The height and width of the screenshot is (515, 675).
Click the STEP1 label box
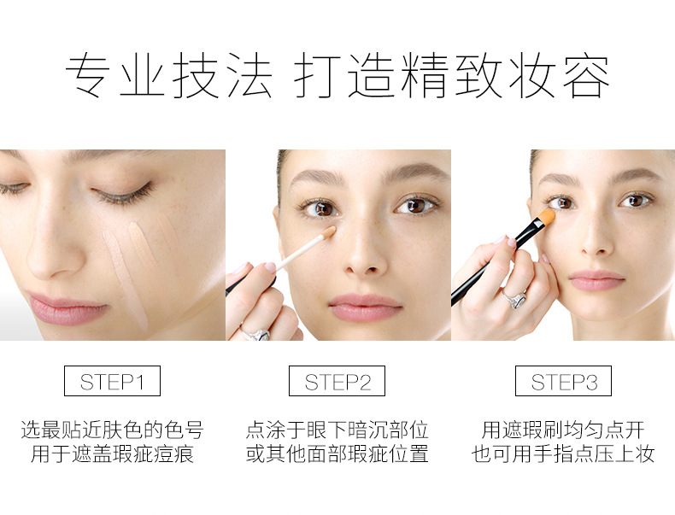click(x=112, y=381)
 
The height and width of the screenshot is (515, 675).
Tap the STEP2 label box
click(x=337, y=381)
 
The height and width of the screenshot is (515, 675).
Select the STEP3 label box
click(x=563, y=381)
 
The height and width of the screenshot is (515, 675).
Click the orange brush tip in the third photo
click(x=547, y=216)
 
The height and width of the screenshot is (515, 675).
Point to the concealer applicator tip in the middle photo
click(x=328, y=232)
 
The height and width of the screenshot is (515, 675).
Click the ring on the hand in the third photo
click(x=515, y=298)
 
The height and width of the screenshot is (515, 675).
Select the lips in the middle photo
click(x=365, y=307)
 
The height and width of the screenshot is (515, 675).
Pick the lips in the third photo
click(x=596, y=280)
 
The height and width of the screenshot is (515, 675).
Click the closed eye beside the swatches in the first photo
click(x=123, y=195)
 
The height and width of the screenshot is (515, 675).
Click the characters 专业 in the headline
click(x=115, y=76)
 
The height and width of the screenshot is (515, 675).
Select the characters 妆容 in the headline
click(x=559, y=76)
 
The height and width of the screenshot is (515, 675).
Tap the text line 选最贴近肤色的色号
click(x=112, y=430)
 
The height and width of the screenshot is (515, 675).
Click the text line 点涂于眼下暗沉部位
click(x=337, y=430)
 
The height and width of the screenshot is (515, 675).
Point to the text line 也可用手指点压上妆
click(x=563, y=454)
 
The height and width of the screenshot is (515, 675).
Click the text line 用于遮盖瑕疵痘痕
click(x=112, y=454)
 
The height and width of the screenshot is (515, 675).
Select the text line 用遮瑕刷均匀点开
click(x=563, y=430)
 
